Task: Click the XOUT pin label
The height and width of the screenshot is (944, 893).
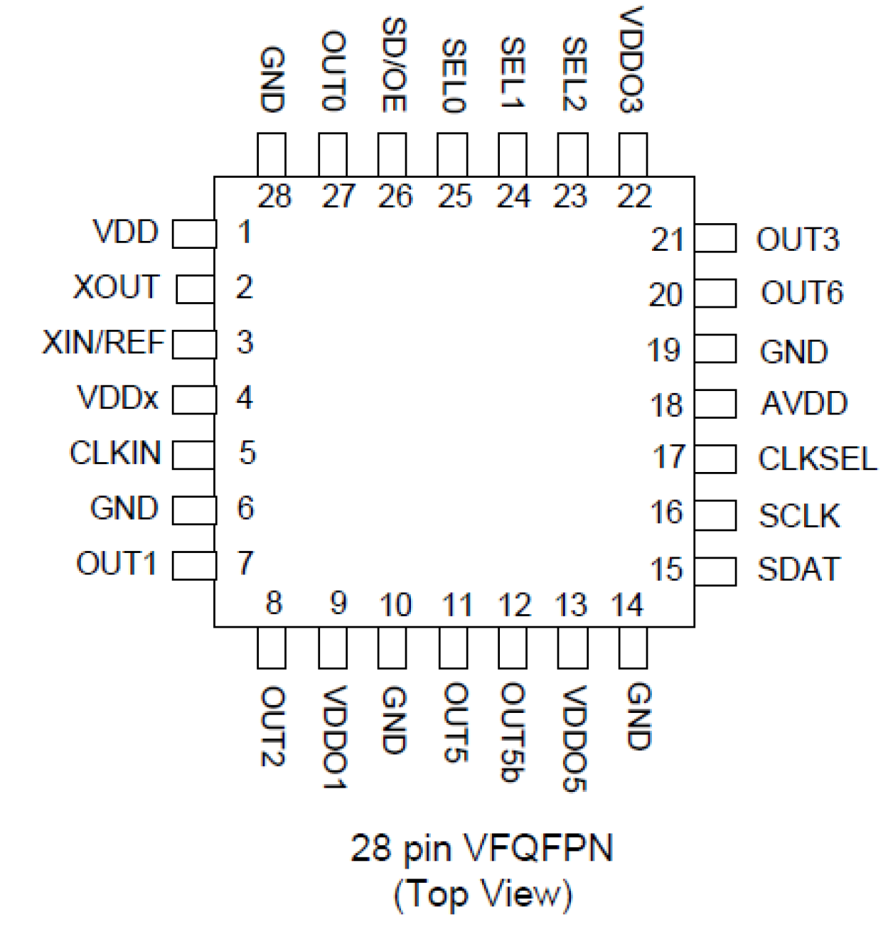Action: pyautogui.click(x=117, y=287)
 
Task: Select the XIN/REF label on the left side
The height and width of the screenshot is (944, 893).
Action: pyautogui.click(x=104, y=343)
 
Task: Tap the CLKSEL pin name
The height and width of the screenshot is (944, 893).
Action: pyautogui.click(x=818, y=458)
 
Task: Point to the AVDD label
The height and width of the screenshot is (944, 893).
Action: pyautogui.click(x=804, y=404)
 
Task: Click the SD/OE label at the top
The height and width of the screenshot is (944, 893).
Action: pyautogui.click(x=393, y=65)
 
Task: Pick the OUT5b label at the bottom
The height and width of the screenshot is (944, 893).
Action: pyautogui.click(x=513, y=733)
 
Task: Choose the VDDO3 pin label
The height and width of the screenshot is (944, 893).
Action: pyautogui.click(x=631, y=60)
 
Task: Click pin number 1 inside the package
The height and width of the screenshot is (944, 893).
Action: pyautogui.click(x=245, y=232)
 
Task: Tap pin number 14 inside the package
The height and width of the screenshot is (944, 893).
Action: pyautogui.click(x=627, y=606)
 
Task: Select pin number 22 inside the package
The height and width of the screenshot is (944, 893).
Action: pyautogui.click(x=634, y=197)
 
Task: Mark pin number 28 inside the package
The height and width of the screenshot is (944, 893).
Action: pyautogui.click(x=274, y=197)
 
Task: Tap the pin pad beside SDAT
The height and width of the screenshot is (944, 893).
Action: pyautogui.click(x=715, y=571)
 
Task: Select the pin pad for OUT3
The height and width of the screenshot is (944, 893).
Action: pyautogui.click(x=715, y=239)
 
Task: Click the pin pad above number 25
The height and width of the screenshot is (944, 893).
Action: pyautogui.click(x=452, y=154)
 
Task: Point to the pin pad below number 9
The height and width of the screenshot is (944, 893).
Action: pyautogui.click(x=333, y=649)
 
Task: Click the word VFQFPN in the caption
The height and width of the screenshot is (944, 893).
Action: pyautogui.click(x=538, y=849)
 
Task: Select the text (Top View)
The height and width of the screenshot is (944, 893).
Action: pyautogui.click(x=483, y=894)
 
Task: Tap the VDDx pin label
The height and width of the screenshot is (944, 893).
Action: pyautogui.click(x=118, y=398)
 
